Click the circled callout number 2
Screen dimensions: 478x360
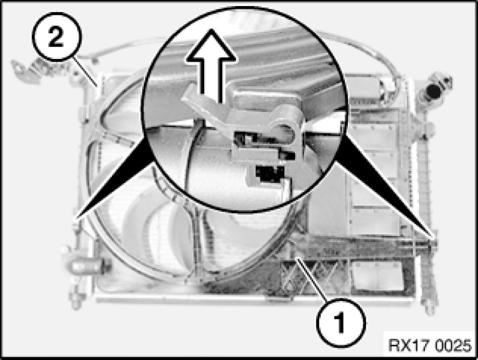pos(57,37)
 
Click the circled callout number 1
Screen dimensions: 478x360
pos(340,322)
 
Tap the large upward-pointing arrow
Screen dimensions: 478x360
pos(211,64)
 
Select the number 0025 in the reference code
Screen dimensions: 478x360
pos(453,345)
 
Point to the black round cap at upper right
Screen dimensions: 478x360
pos(433,91)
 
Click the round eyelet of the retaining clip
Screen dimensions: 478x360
pos(284,125)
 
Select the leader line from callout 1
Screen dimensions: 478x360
pos(314,280)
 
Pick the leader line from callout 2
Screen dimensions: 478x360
pos(86,72)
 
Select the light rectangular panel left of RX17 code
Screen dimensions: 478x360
pos(378,276)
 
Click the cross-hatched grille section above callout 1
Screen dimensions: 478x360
pos(311,276)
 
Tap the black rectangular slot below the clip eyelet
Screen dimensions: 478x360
pos(270,174)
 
